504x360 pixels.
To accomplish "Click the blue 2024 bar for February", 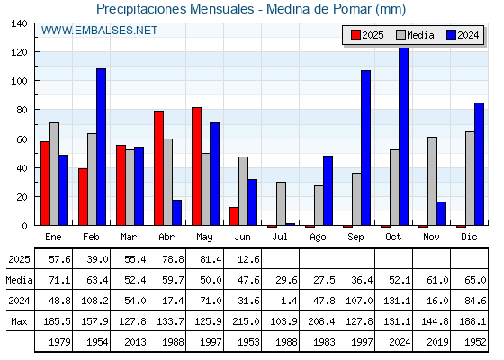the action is (101, 147).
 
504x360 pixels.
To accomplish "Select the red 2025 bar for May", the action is (197, 166).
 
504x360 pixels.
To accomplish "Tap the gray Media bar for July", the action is (281, 203).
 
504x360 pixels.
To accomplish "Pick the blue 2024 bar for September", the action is (365, 148).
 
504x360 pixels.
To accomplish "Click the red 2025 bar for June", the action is (234, 216).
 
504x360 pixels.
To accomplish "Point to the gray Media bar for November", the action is (432, 181).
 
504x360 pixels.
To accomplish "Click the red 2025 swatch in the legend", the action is (355, 35).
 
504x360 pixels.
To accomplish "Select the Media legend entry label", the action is (420, 35).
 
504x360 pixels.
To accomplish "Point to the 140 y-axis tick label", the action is (19, 23).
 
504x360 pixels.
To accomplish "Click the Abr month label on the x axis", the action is (166, 237).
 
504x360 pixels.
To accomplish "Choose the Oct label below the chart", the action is (393, 237).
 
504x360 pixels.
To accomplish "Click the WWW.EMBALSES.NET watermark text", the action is (99, 31).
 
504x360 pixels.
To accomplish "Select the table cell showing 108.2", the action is (94, 301).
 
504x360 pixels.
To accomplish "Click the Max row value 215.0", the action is (246, 321).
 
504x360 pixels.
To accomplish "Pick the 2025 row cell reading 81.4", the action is (211, 259).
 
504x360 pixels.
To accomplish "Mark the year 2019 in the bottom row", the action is (437, 342).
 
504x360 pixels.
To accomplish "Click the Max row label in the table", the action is (19, 321).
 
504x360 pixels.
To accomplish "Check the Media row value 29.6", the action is (286, 280).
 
